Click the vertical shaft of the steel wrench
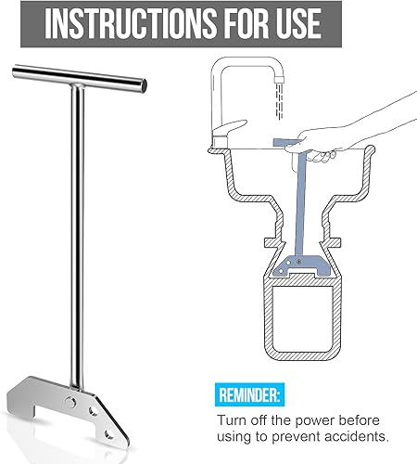pos(69,232)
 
